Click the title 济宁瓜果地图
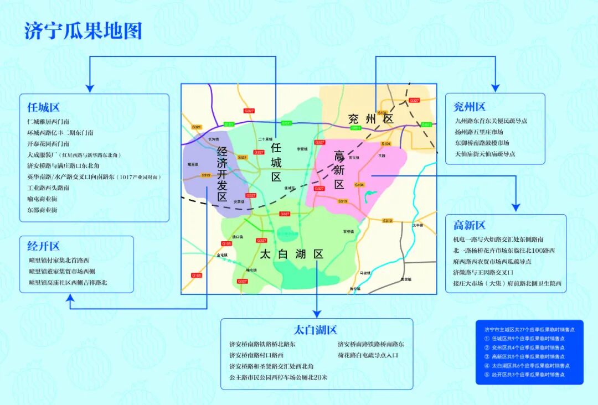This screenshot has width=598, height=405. tap(83, 31)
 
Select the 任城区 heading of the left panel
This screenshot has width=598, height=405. tap(43, 107)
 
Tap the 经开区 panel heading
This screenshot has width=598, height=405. tap(43, 246)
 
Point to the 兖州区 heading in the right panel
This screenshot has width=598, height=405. tap(469, 106)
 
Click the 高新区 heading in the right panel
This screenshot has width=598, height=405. tap(469, 225)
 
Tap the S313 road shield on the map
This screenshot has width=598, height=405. tap(206, 175)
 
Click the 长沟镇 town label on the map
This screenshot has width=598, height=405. tap(213, 139)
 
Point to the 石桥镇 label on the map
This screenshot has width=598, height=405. tap(348, 231)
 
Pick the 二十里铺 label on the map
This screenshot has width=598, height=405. tap(265, 139)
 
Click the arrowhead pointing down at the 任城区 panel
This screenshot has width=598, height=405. tap(90, 87)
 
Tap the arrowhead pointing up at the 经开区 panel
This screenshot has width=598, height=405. tap(70, 298)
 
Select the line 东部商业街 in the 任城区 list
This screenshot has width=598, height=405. tap(42, 210)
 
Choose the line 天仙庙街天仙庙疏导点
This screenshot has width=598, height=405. tap(485, 154)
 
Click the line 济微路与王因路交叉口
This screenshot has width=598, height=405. tap(483, 272)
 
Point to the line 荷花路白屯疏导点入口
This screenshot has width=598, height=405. tap(368, 355)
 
